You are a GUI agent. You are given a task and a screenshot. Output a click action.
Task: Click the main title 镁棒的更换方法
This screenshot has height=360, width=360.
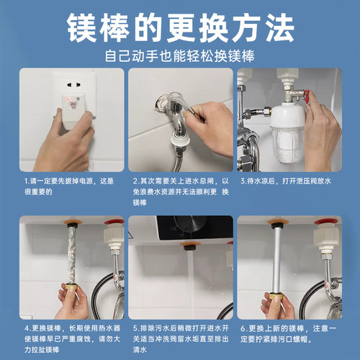(180, 28)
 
